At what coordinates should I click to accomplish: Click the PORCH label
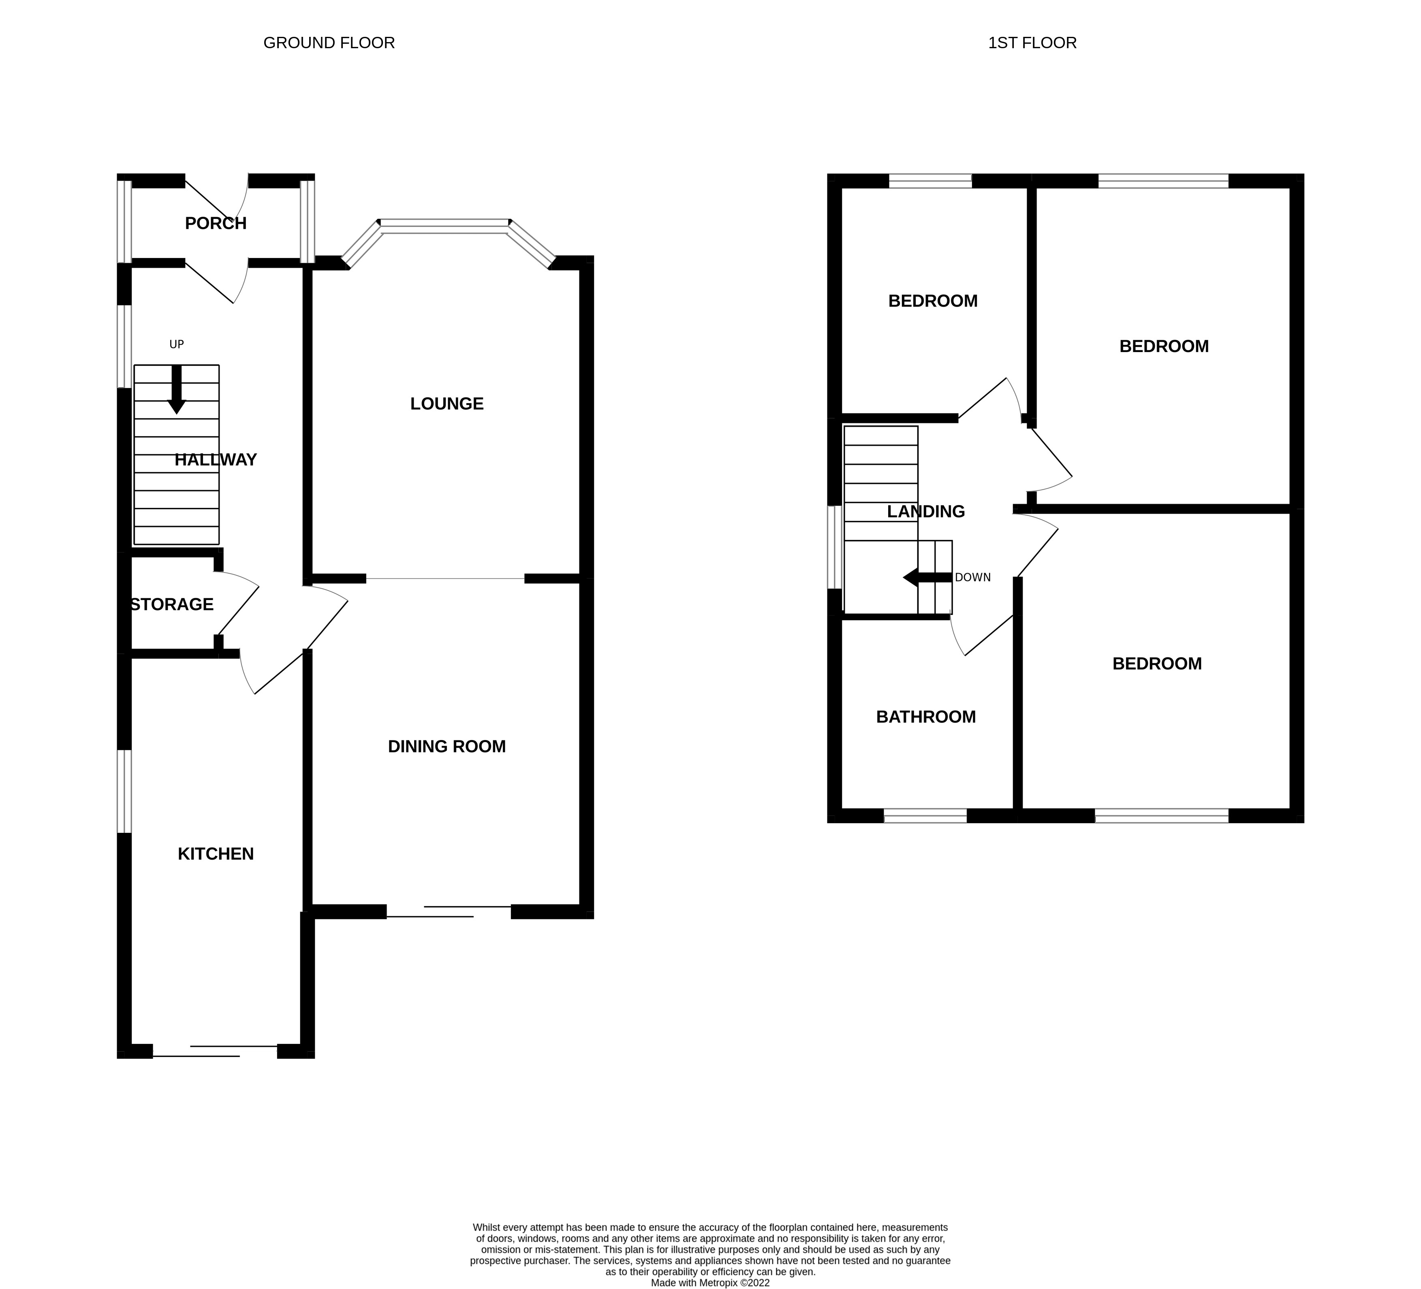tap(216, 224)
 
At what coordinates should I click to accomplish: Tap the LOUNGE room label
tap(447, 404)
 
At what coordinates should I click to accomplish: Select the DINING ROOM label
tap(447, 746)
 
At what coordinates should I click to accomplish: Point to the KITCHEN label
tap(216, 854)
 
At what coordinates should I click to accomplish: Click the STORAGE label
tap(172, 605)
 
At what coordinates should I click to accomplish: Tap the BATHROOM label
tap(925, 717)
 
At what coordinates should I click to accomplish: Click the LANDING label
tap(925, 512)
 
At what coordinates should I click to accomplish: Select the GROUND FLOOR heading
tap(329, 43)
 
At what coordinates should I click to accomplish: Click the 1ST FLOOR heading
tap(1032, 43)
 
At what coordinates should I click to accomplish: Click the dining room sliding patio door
tap(448, 911)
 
